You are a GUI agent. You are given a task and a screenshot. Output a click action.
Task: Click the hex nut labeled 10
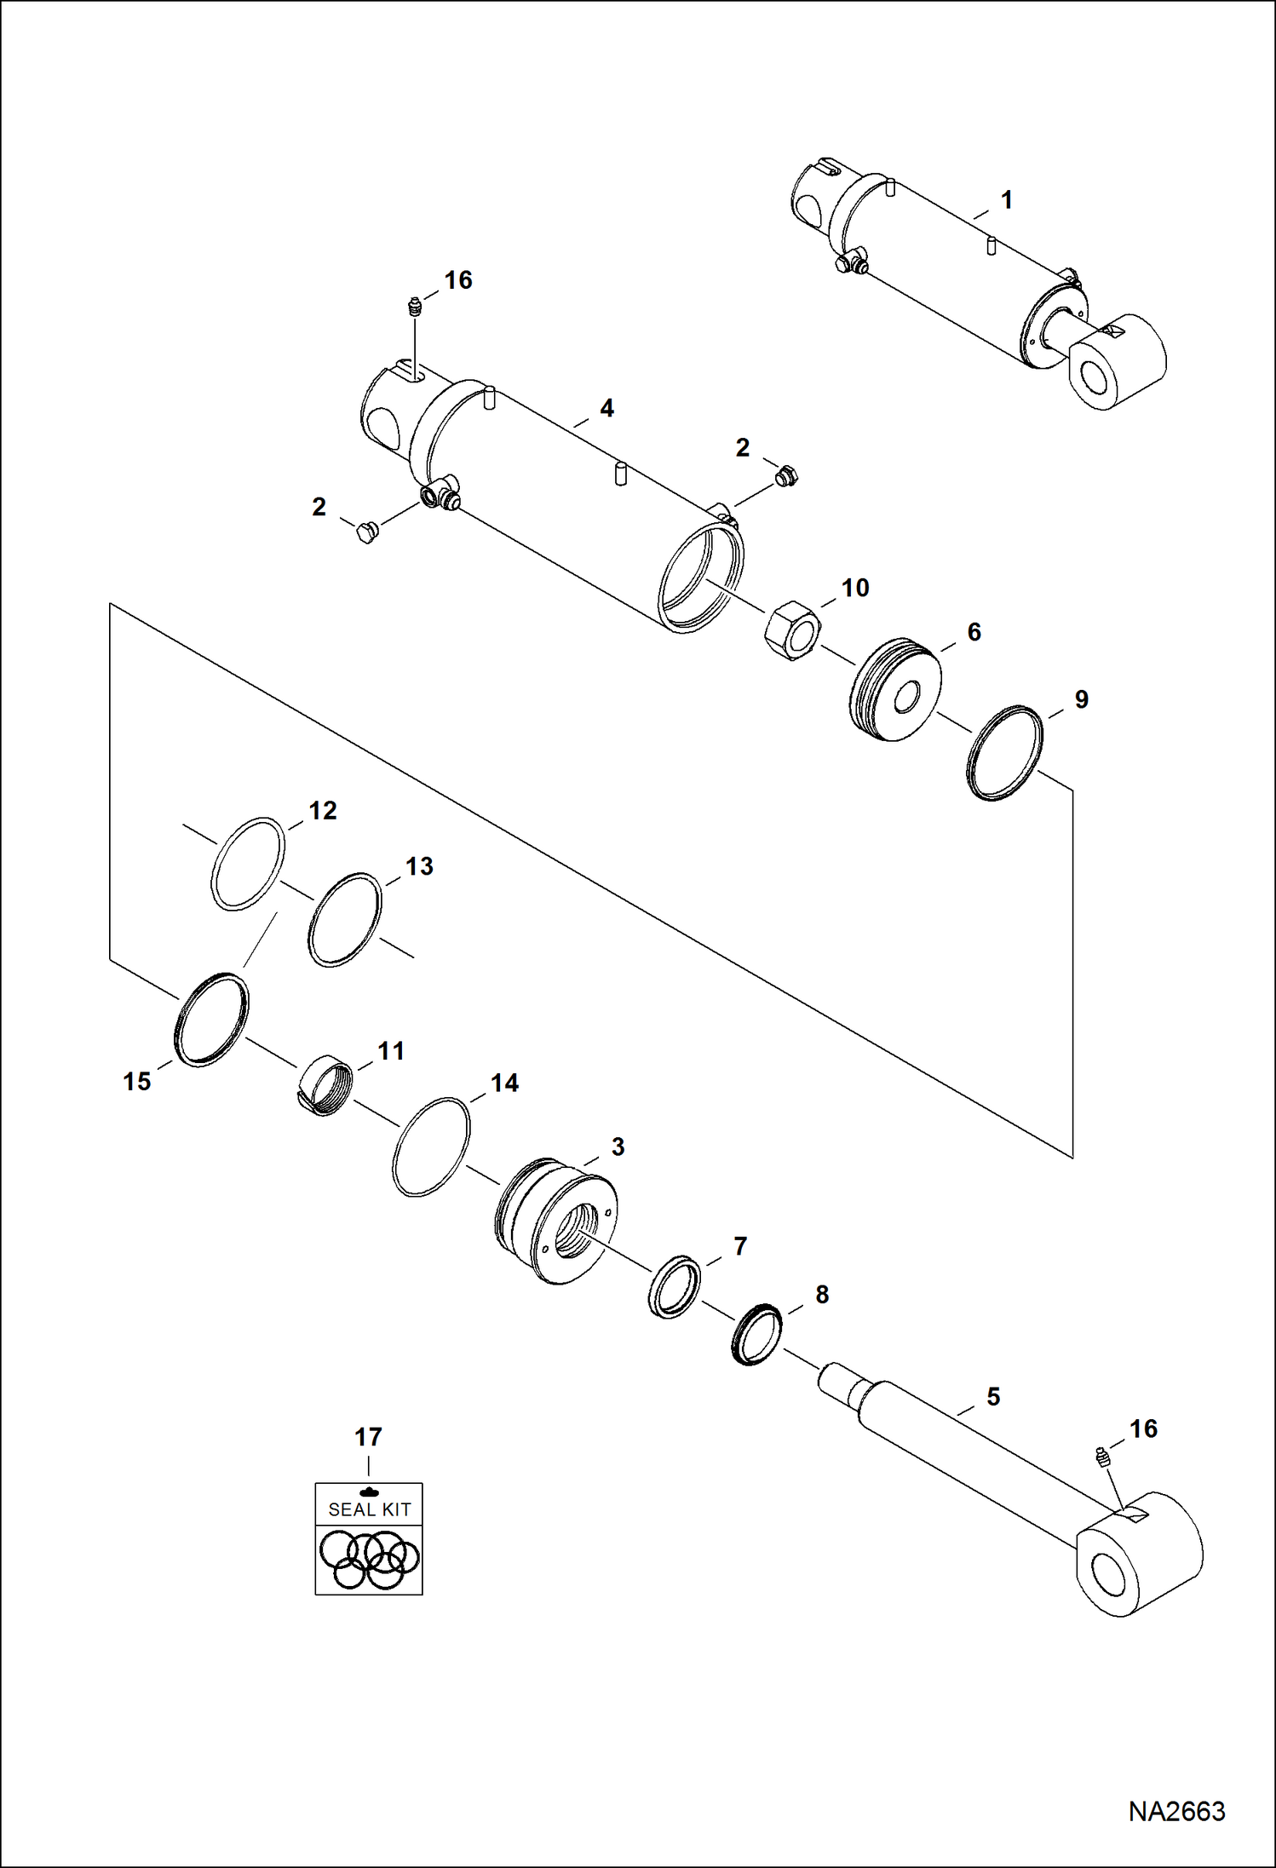792,632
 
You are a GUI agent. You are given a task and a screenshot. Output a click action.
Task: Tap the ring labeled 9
1005,753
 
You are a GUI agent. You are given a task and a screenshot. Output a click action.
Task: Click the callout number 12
323,810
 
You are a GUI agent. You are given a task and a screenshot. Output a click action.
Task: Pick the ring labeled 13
344,920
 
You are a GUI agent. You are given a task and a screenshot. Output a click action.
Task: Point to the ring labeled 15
210,1019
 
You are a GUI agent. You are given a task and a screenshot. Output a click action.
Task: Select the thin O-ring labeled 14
431,1147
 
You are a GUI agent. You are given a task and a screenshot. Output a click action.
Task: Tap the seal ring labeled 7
674,1286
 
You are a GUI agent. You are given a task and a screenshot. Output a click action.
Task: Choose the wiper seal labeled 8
756,1335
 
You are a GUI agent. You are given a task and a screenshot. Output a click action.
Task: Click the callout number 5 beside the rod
993,1396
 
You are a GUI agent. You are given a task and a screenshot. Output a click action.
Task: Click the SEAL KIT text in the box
370,1509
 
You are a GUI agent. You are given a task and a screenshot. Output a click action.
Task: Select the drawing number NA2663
1176,1812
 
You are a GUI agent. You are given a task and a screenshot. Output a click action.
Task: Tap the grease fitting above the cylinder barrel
415,307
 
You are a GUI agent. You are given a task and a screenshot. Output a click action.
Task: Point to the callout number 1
1007,200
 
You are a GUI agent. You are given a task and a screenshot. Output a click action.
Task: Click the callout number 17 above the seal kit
368,1437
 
